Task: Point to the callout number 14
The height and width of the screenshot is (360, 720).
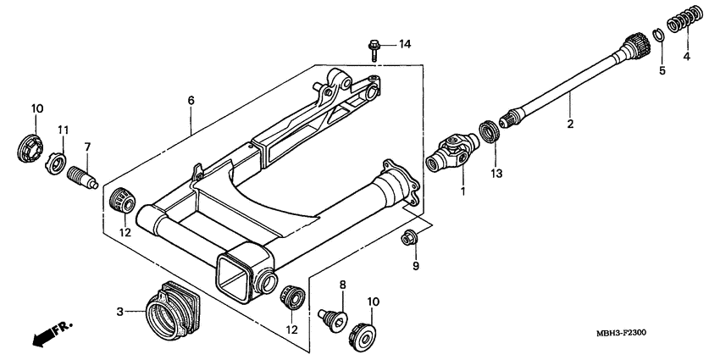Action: click(404, 43)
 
